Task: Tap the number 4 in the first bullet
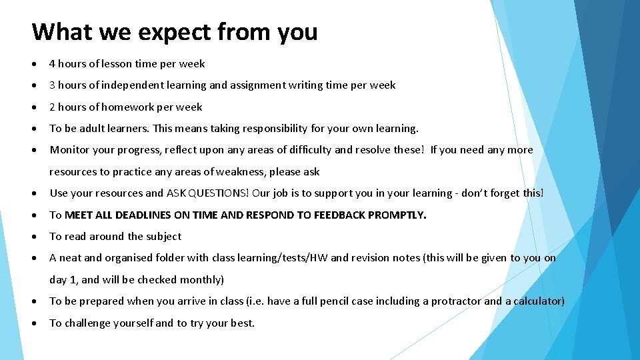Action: [x=53, y=64]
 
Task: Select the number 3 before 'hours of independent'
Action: [x=53, y=85]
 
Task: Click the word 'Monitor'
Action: [x=69, y=150]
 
